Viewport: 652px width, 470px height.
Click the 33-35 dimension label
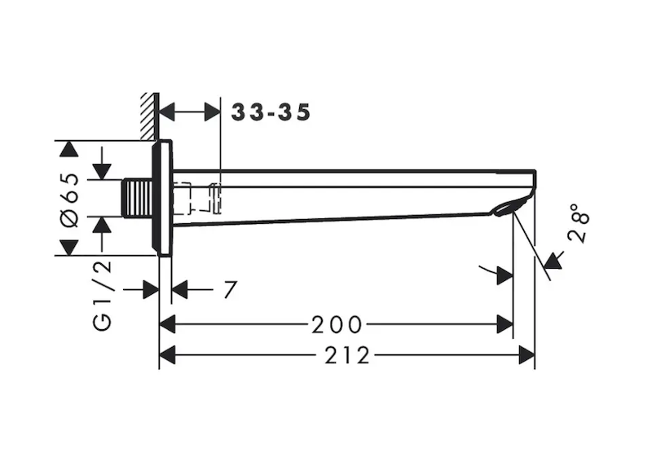click(x=271, y=112)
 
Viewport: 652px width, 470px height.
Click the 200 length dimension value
click(x=336, y=325)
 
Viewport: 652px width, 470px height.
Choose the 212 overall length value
click(x=346, y=355)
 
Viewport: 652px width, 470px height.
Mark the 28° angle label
click(x=579, y=223)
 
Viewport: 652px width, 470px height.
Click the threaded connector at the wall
click(x=139, y=199)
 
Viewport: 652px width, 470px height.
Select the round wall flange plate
click(x=165, y=198)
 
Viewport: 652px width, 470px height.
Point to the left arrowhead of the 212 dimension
click(x=167, y=355)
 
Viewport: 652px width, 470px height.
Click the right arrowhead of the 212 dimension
click(x=527, y=355)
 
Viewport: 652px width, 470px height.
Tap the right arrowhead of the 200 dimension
click(x=505, y=325)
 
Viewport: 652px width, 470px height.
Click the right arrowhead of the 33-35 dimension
click(x=212, y=112)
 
